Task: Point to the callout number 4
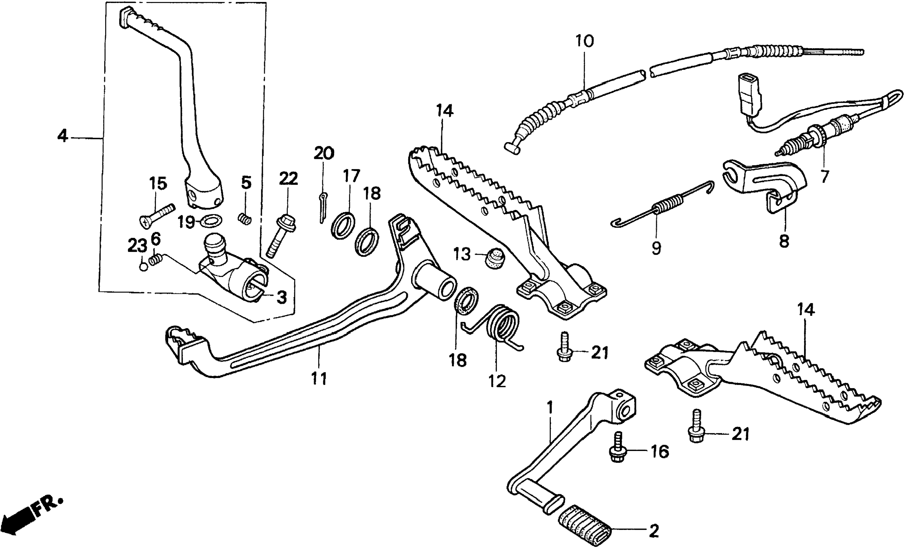click(x=63, y=137)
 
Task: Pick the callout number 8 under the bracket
click(x=784, y=242)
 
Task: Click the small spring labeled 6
click(x=156, y=260)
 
